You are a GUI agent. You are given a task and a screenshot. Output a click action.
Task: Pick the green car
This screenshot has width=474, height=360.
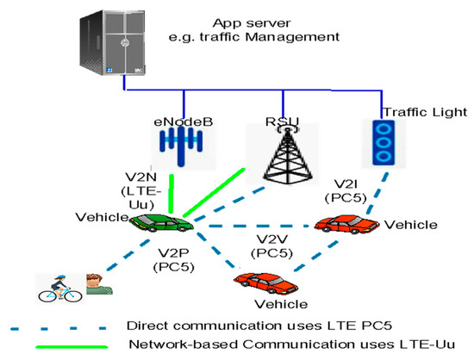click(160, 224)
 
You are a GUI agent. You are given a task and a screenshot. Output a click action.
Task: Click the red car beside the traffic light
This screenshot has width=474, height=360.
click(346, 227)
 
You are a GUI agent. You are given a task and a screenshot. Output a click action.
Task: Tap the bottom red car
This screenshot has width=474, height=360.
click(259, 282)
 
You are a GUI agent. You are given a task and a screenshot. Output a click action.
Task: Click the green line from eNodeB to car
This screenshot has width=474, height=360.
click(172, 195)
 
